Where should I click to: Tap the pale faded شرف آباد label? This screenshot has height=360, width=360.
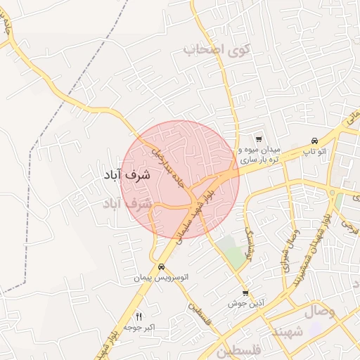pyautogui.click(x=127, y=204)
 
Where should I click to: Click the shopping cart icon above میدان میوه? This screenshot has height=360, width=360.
pyautogui.click(x=259, y=140)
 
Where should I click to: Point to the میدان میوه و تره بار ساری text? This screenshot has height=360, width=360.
pyautogui.click(x=259, y=155)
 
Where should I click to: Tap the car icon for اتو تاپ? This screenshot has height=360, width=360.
pyautogui.click(x=314, y=140)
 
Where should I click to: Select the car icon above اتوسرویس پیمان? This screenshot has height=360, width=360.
pyautogui.click(x=162, y=267)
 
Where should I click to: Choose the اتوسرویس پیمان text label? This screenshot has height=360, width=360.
pyautogui.click(x=162, y=278)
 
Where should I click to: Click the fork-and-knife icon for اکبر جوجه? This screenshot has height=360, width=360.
pyautogui.click(x=139, y=317)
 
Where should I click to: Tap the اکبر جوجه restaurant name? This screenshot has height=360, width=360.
pyautogui.click(x=139, y=328)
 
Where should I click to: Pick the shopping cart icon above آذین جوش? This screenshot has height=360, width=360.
pyautogui.click(x=245, y=293)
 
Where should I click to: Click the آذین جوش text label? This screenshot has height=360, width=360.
pyautogui.click(x=244, y=304)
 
